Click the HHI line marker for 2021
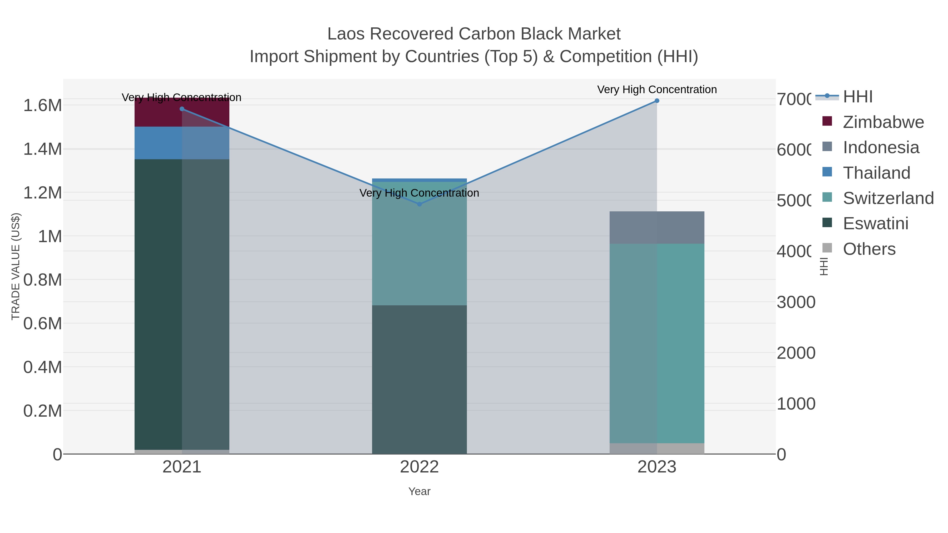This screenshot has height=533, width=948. click(x=182, y=109)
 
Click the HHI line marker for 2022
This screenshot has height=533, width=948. click(x=419, y=204)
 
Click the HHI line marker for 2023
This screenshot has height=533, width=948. click(x=657, y=101)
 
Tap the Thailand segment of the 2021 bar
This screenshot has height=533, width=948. click(x=182, y=143)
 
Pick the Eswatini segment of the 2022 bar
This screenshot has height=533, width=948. click(x=419, y=379)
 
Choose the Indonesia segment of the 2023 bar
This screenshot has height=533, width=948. click(x=657, y=227)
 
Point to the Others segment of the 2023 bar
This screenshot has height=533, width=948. click(x=657, y=449)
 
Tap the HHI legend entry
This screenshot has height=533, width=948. click(x=857, y=97)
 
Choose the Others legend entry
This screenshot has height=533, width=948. click(x=869, y=249)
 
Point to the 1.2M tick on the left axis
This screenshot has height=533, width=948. click(x=42, y=193)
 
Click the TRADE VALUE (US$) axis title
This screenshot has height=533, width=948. click(x=16, y=266)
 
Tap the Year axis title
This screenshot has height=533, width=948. click(x=419, y=491)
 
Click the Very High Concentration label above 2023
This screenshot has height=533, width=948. click(x=657, y=89)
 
